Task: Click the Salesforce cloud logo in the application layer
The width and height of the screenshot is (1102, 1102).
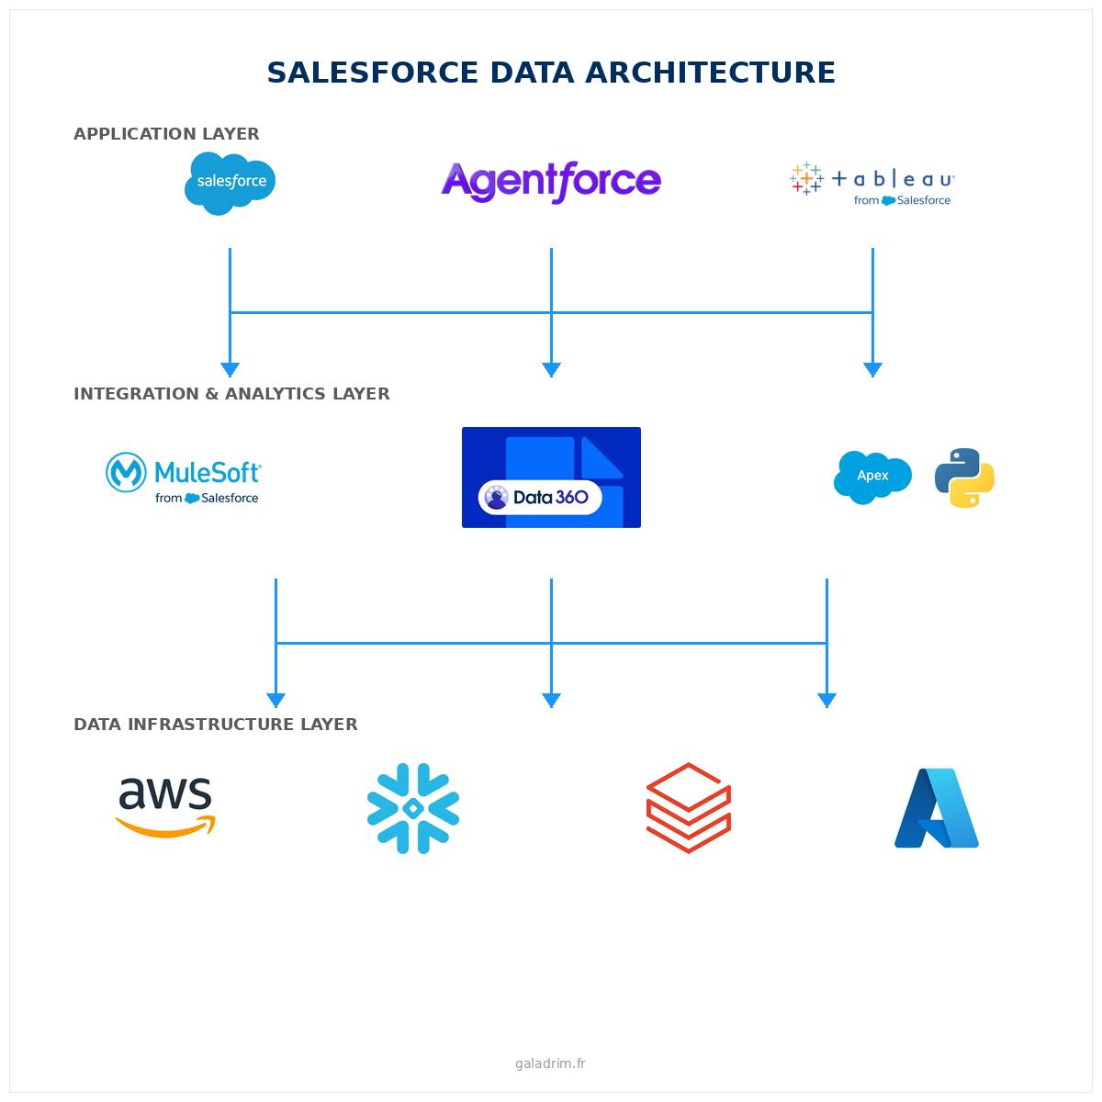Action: (230, 183)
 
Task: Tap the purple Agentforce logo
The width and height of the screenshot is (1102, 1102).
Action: (551, 181)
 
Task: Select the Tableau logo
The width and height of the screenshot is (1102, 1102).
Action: (872, 183)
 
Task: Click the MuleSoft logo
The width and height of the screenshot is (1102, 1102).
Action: (184, 478)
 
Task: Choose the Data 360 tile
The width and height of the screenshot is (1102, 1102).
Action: (551, 478)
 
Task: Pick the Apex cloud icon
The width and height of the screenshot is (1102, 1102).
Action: (872, 477)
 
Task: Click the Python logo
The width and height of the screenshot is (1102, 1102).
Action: (964, 478)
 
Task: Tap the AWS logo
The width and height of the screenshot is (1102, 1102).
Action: (165, 806)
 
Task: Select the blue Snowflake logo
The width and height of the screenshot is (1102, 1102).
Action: (413, 808)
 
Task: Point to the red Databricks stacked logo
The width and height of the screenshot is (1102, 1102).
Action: (689, 808)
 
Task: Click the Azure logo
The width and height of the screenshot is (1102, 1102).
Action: (937, 808)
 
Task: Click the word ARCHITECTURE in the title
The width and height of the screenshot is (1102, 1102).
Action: (707, 73)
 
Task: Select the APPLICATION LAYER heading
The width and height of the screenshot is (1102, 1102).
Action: (166, 134)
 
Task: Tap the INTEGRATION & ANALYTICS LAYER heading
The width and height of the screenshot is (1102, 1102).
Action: (231, 394)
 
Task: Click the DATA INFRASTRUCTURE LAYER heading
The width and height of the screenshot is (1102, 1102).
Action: (216, 725)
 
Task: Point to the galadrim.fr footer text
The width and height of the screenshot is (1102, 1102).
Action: (550, 1063)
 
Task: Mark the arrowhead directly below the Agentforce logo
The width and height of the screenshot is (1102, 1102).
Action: (551, 369)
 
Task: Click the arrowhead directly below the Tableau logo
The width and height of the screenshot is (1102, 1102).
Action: (872, 369)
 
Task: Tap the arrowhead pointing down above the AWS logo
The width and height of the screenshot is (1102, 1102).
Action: (275, 700)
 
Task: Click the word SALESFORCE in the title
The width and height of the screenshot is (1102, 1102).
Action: (373, 73)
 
